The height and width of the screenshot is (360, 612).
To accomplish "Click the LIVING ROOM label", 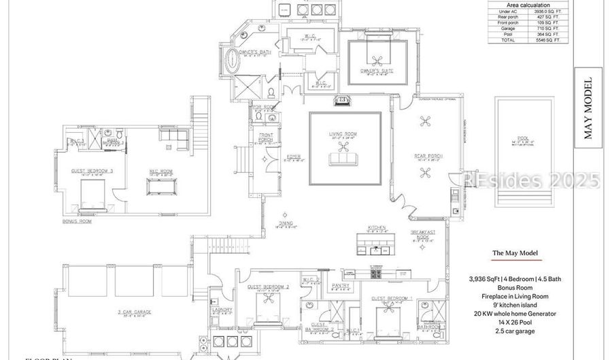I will [x=345, y=134].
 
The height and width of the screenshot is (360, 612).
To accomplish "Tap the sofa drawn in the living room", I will [x=344, y=159].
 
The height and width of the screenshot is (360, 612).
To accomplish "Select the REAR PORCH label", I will [x=428, y=156].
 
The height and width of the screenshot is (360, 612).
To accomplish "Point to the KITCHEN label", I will [x=377, y=227].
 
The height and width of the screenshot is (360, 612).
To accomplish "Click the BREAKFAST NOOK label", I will [x=422, y=233].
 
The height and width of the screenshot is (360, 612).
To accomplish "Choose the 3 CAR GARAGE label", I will [x=133, y=312].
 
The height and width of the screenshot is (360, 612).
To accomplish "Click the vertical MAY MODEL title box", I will [x=588, y=108].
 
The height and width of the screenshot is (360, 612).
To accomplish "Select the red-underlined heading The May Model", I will [x=515, y=253].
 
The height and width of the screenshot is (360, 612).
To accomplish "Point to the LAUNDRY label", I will [x=222, y=310].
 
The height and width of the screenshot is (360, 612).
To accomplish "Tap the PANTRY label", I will [x=341, y=285].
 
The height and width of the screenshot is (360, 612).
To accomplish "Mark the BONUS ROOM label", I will [x=76, y=221].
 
